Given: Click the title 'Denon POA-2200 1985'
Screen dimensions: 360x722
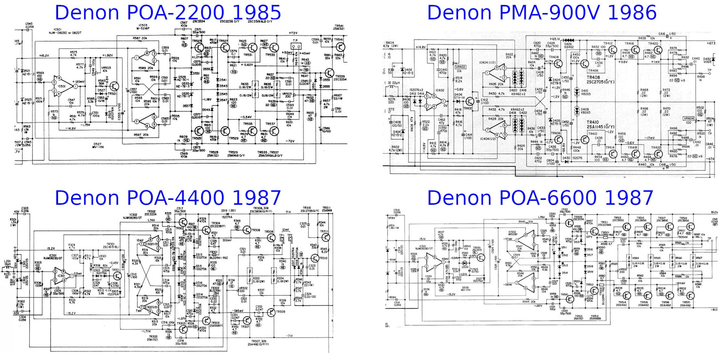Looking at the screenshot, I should (x=168, y=13).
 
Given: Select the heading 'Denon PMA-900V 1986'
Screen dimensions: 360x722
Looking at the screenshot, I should (x=541, y=13).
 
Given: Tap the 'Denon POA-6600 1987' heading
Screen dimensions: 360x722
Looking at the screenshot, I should (x=540, y=198).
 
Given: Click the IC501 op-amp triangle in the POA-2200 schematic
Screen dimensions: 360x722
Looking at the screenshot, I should (x=64, y=86).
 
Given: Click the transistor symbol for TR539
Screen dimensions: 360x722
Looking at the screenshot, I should (x=329, y=73).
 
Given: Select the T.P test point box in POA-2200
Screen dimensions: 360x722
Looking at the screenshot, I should (x=297, y=47).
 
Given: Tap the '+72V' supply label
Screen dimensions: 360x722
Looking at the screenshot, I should (x=293, y=33).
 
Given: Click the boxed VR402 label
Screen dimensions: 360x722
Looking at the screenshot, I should (x=460, y=67).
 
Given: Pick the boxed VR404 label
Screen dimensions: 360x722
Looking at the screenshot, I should (x=689, y=118).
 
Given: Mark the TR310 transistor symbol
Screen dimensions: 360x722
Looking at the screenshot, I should (x=315, y=258).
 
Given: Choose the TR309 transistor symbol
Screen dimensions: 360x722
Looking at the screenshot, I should (x=272, y=312).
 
